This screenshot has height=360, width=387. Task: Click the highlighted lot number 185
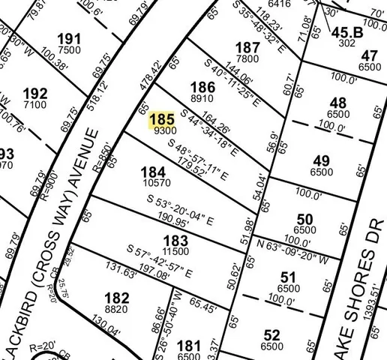(163, 119)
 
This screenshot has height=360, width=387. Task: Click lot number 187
(247, 49)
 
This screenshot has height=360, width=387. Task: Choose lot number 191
(68, 39)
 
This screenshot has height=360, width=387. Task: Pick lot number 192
(35, 94)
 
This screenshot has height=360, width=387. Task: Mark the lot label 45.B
(346, 31)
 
